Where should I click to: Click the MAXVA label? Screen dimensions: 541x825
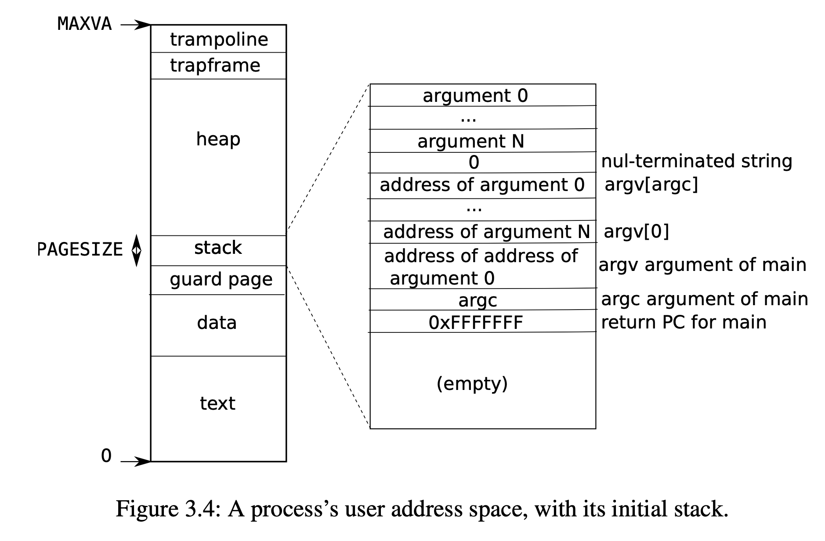pyautogui.click(x=84, y=24)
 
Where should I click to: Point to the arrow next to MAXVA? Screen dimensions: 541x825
pyautogui.click(x=135, y=25)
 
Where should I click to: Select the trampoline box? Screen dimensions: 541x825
pyautogui.click(x=219, y=40)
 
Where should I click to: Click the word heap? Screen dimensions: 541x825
pyautogui.click(x=218, y=139)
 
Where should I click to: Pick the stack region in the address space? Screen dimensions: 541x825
pyautogui.click(x=218, y=248)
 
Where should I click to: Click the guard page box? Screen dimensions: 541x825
pyautogui.click(x=221, y=280)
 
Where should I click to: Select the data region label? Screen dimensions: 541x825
pyautogui.click(x=217, y=323)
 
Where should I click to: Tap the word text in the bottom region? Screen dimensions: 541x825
pyautogui.click(x=217, y=403)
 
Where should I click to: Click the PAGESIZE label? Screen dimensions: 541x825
pyautogui.click(x=80, y=249)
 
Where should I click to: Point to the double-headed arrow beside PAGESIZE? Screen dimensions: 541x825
pyautogui.click(x=137, y=250)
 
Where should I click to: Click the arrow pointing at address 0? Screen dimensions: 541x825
pyautogui.click(x=135, y=461)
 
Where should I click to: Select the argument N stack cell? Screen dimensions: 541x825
pyautogui.click(x=471, y=141)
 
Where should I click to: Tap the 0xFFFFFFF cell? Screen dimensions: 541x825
pyautogui.click(x=476, y=323)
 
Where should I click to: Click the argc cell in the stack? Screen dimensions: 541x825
pyautogui.click(x=478, y=300)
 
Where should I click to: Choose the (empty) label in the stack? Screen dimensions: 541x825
pyautogui.click(x=472, y=383)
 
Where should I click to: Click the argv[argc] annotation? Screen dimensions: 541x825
pyautogui.click(x=651, y=184)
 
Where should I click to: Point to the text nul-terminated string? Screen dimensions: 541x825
pyautogui.click(x=696, y=161)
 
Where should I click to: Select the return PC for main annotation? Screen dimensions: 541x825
pyautogui.click(x=684, y=322)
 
